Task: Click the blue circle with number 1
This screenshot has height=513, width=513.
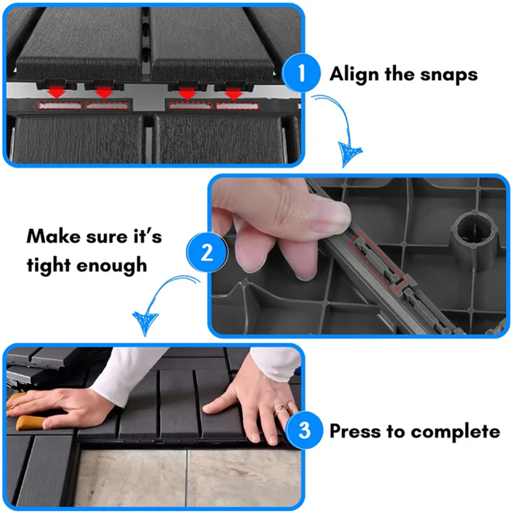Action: [301, 73]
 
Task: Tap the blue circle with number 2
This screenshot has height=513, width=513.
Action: [207, 252]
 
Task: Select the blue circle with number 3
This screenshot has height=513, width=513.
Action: [305, 430]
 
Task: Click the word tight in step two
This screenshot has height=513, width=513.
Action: [49, 265]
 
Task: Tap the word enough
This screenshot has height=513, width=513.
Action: [111, 265]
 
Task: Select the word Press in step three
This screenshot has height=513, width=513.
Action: [356, 431]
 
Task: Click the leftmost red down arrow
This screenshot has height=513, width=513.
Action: [56, 92]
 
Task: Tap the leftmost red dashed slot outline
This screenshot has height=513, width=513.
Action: [59, 106]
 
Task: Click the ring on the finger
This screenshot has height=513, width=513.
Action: [281, 409]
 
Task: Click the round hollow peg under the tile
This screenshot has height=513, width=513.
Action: [475, 236]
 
